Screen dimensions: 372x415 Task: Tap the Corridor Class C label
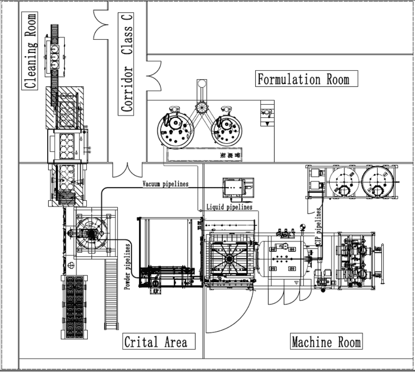click(x=128, y=62)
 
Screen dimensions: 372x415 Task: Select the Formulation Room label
click(x=303, y=80)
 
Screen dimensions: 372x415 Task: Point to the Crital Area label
click(x=155, y=342)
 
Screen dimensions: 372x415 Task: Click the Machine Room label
click(x=326, y=342)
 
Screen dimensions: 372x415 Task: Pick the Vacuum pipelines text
click(x=165, y=184)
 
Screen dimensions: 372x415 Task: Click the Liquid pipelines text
click(x=229, y=207)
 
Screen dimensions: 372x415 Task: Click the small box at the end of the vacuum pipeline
click(x=238, y=187)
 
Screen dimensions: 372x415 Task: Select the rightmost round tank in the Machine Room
click(x=377, y=181)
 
